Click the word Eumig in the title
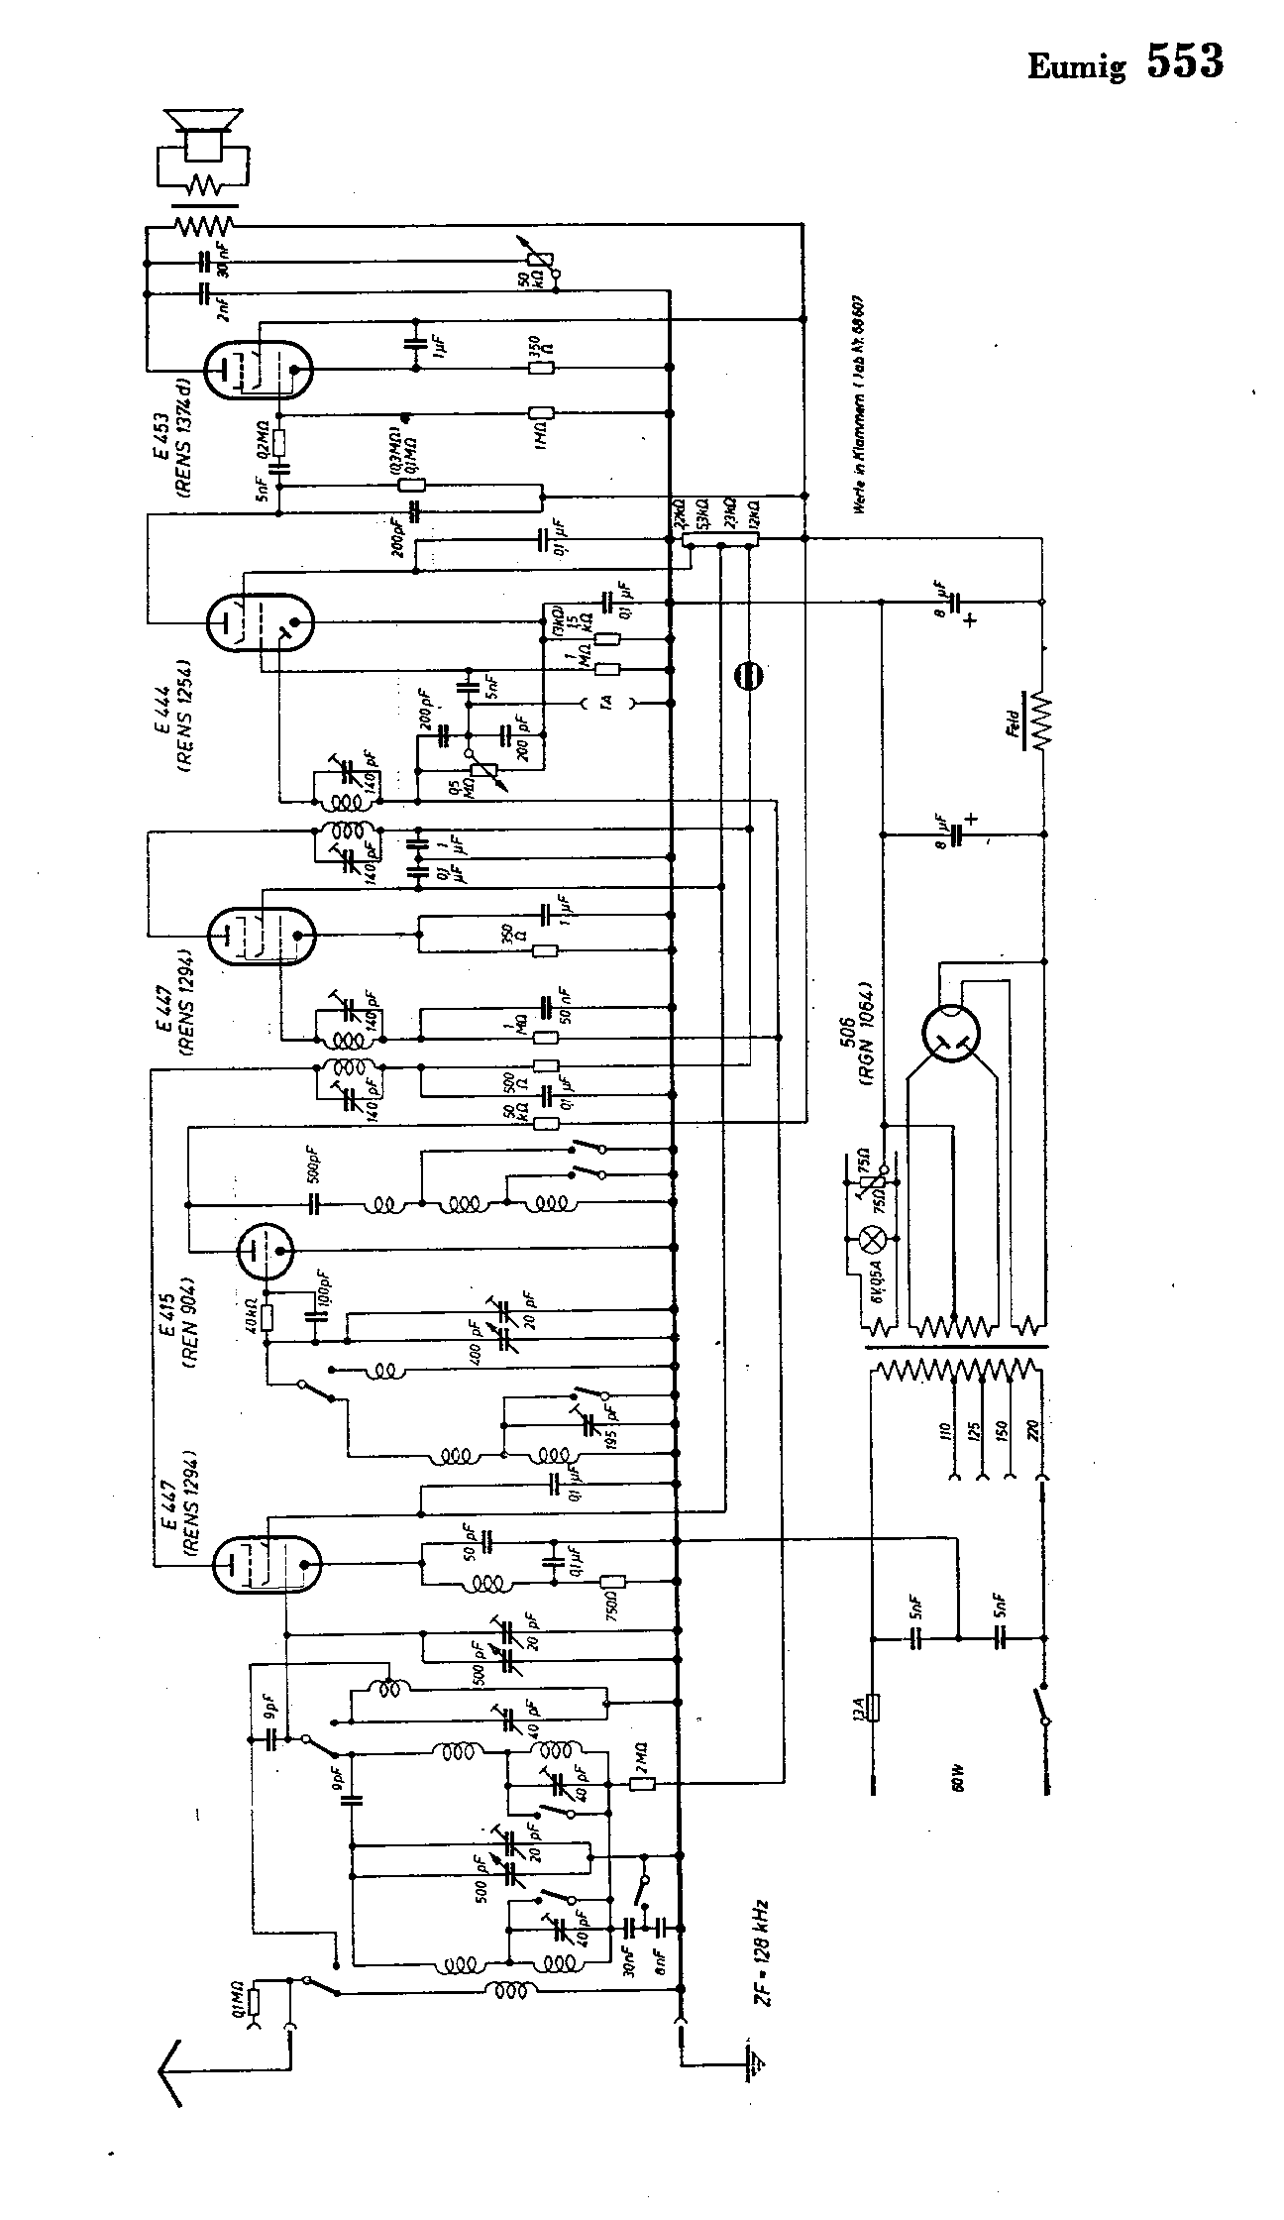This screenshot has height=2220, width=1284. [x=1077, y=67]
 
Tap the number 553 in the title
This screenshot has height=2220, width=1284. [x=1185, y=61]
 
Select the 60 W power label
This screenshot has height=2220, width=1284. [x=959, y=1779]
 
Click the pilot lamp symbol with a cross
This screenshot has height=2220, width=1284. [x=873, y=1238]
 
